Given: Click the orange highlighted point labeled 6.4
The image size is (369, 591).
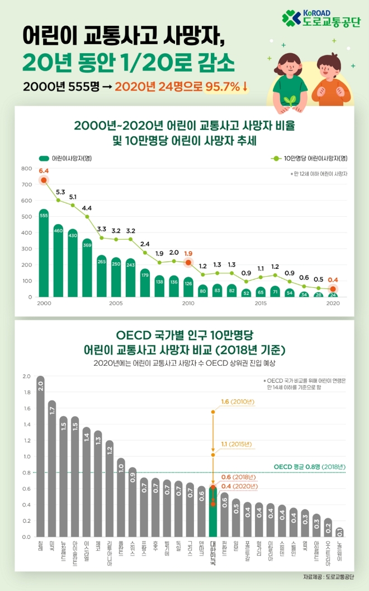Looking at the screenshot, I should (44, 180).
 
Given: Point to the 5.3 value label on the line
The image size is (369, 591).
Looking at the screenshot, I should (60, 192).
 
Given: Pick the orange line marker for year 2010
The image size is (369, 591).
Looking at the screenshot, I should (188, 262).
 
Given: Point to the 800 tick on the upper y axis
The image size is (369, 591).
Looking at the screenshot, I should (27, 169).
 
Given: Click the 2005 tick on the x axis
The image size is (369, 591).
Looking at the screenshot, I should (116, 303).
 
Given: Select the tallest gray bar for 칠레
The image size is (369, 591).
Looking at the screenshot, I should (40, 457).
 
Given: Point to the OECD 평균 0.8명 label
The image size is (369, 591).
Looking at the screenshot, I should (310, 467).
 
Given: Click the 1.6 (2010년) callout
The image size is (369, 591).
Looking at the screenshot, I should (238, 402).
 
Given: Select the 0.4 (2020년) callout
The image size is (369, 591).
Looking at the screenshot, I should (238, 486).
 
